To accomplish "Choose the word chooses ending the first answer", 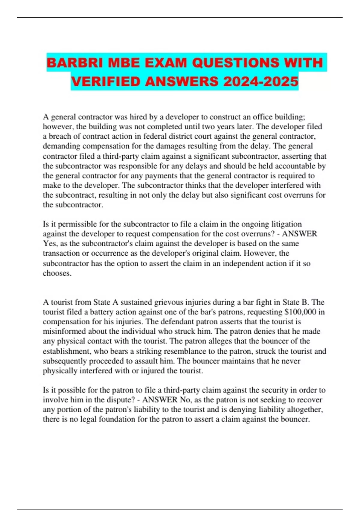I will pos(57,273).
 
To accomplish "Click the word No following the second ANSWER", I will pos(184,400).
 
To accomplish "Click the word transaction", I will pos(62,253).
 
